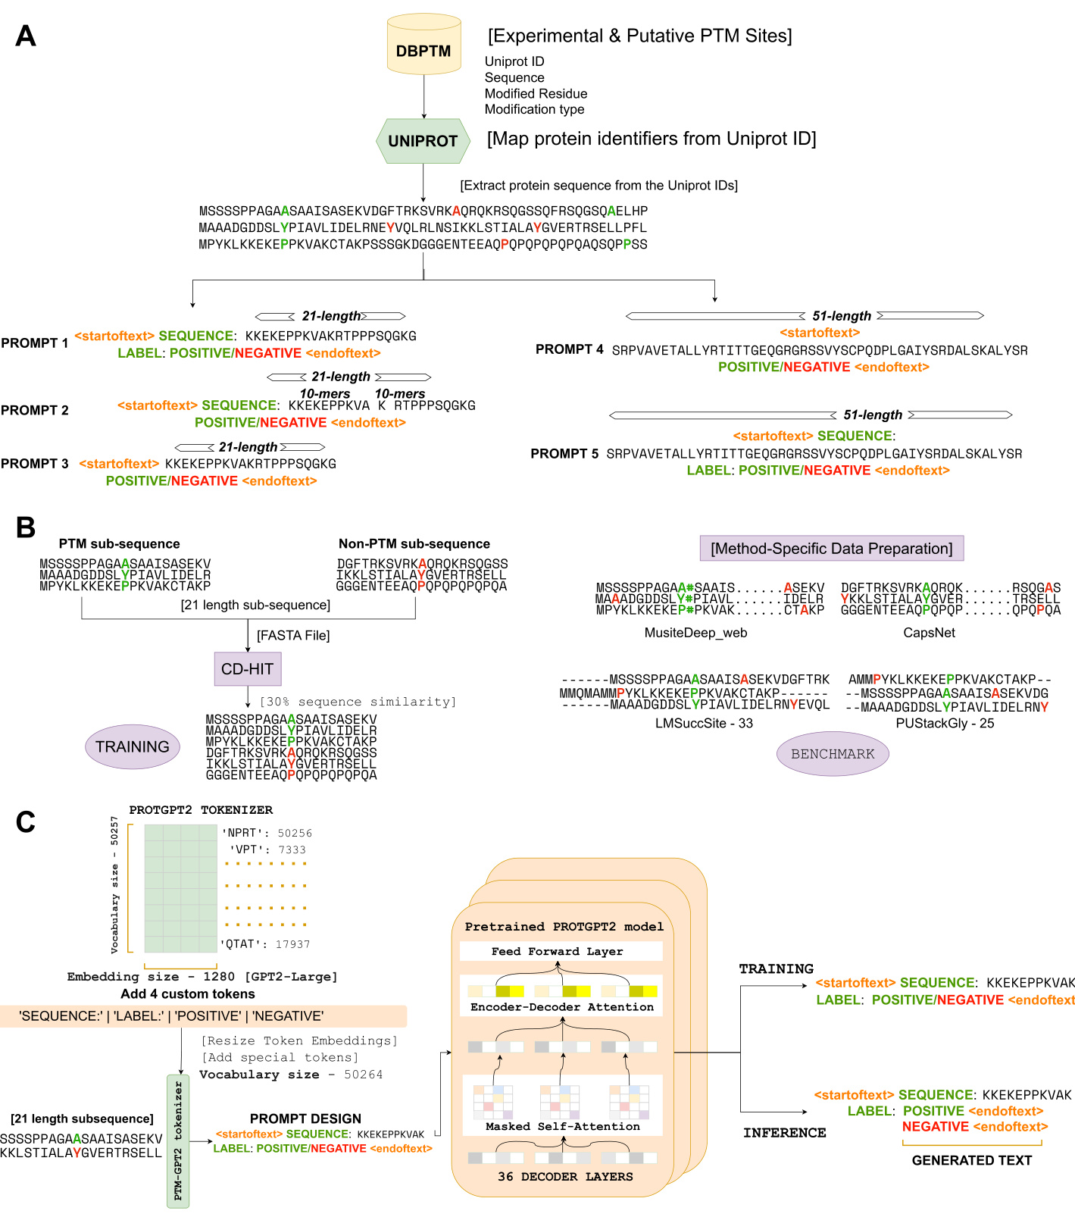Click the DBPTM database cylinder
point(423,46)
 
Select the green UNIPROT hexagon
point(423,141)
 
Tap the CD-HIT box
point(248,669)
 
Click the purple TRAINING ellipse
point(133,746)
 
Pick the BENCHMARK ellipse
point(833,754)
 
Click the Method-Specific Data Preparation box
point(831,548)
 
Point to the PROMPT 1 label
point(35,343)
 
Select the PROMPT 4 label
point(570,349)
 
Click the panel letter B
point(26,527)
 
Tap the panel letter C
point(26,821)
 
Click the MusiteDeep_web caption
point(695,633)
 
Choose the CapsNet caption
point(929,633)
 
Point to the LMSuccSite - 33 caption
point(704,723)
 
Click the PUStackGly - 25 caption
point(945,723)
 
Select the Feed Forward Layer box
point(561,951)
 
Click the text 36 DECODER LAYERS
point(565,1176)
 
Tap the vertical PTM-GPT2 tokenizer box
point(178,1140)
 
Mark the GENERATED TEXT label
point(971,1160)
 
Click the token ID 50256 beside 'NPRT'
point(295,833)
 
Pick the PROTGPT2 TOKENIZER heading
point(201,810)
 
